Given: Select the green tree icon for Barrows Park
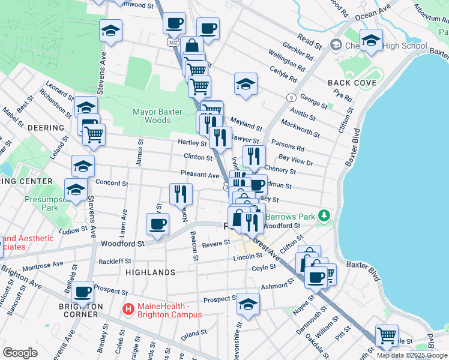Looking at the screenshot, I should pyautogui.click(x=324, y=214).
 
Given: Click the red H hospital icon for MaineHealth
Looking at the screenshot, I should pyautogui.click(x=127, y=309).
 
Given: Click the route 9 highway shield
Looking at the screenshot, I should pyautogui.click(x=291, y=97).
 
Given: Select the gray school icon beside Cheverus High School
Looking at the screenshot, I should pyautogui.click(x=335, y=46).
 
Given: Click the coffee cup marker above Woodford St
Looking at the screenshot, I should pyautogui.click(x=158, y=224).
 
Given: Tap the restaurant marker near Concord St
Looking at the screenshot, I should pyautogui.click(x=180, y=193).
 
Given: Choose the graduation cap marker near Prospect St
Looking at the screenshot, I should pyautogui.click(x=248, y=303).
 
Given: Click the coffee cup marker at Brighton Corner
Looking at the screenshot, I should pyautogui.click(x=83, y=292).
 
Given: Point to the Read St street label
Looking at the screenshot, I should pyautogui.click(x=310, y=41).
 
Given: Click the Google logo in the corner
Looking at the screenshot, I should pyautogui.click(x=20, y=353).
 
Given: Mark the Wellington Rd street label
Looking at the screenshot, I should pyautogui.click(x=291, y=61).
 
